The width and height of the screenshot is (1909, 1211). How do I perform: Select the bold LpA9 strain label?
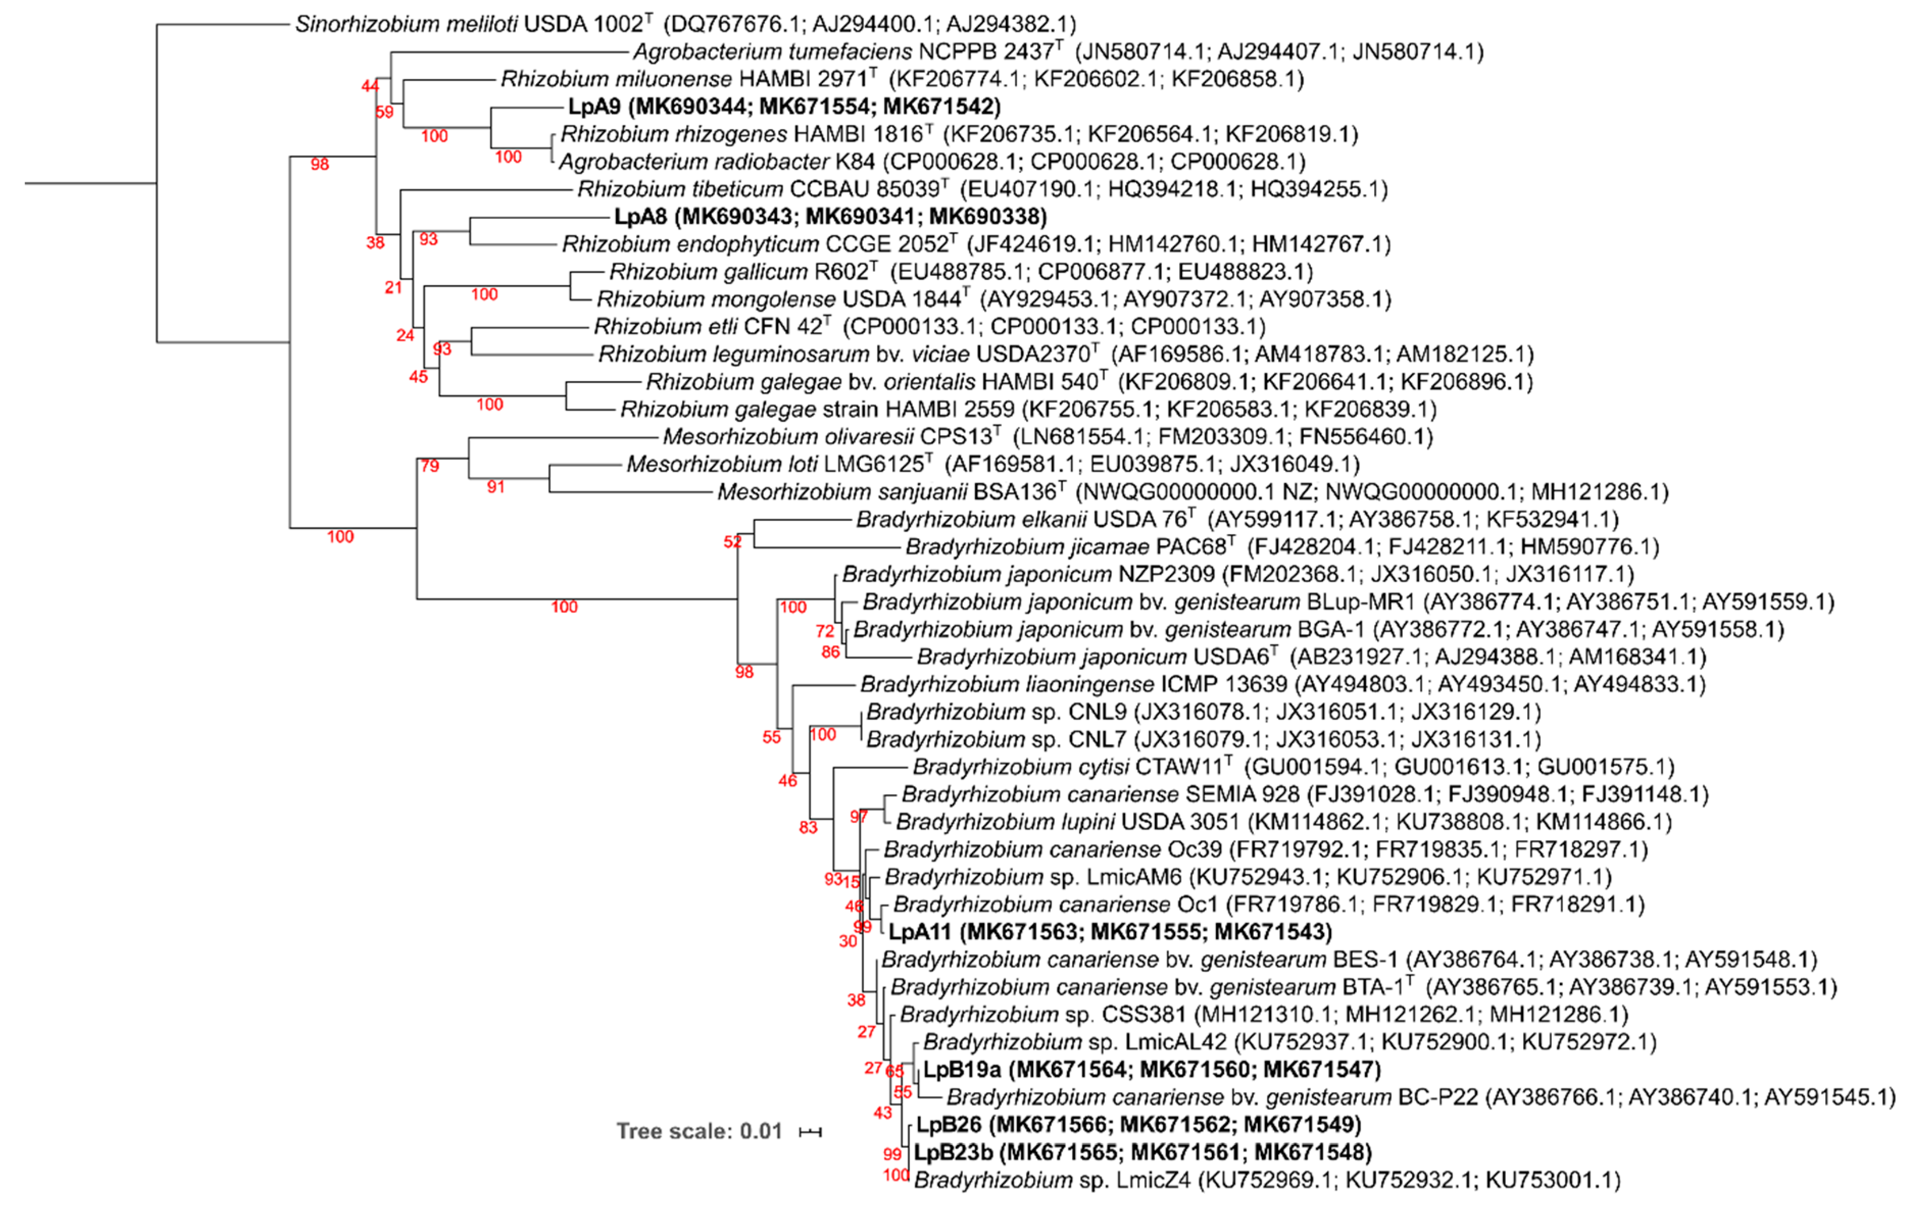[x=784, y=106]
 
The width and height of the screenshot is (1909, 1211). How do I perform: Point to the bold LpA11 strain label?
[x=1110, y=932]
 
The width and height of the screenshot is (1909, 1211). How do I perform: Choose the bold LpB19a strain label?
[x=1152, y=1070]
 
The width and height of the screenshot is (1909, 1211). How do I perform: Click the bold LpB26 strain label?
[x=1138, y=1125]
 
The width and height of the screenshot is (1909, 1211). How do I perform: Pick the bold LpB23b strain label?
[x=1143, y=1152]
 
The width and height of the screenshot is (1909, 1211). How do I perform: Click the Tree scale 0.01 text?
[x=699, y=1131]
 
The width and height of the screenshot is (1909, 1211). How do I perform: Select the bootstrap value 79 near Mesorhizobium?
[x=430, y=466]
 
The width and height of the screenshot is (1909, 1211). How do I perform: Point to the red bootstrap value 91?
[x=495, y=487]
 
